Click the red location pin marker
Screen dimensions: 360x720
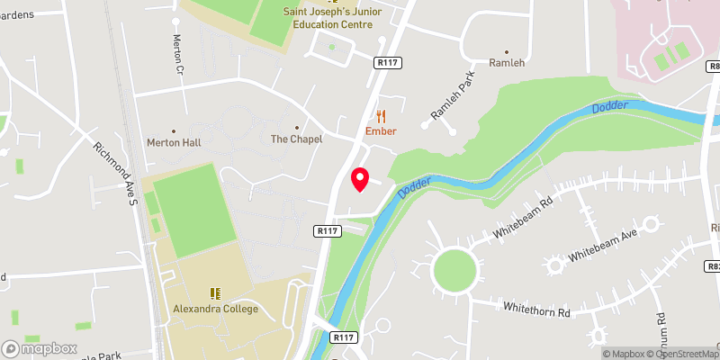point(360,179)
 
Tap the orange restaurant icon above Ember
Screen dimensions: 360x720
point(382,115)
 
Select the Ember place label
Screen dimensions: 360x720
point(381,131)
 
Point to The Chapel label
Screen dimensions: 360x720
point(296,139)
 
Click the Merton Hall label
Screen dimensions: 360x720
point(173,142)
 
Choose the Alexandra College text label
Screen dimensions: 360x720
point(215,309)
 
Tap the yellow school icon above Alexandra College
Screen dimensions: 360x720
point(215,293)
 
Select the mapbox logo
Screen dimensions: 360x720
point(39,347)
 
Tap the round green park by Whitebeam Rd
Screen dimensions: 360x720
point(453,269)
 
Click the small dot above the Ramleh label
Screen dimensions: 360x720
point(506,51)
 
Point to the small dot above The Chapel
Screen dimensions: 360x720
point(296,127)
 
